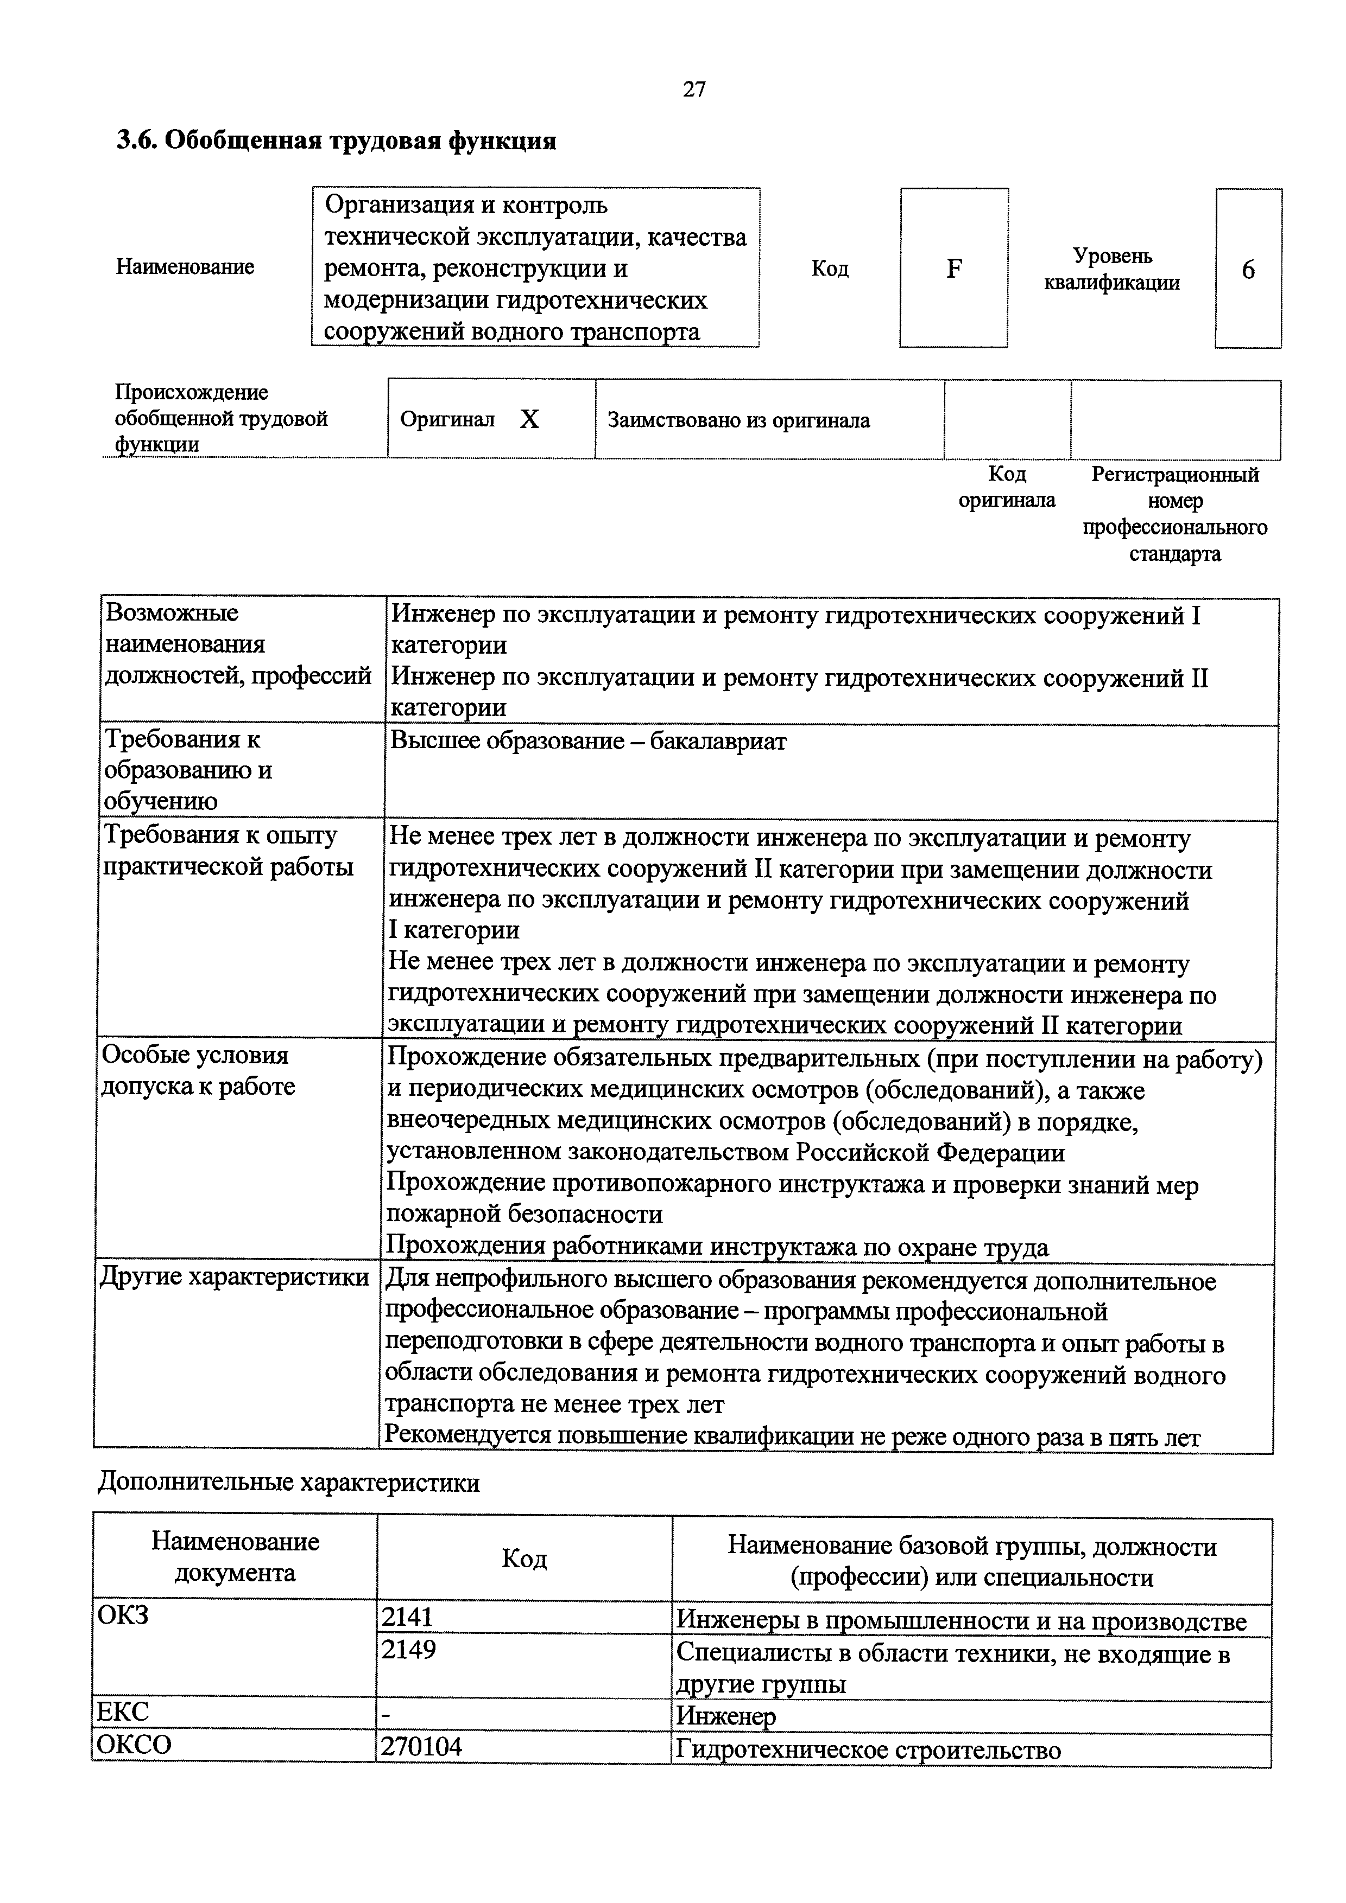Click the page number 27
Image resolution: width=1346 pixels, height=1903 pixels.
coord(694,90)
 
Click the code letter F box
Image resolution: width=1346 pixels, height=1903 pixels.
coord(954,269)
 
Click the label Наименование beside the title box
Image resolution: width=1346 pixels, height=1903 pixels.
coord(185,267)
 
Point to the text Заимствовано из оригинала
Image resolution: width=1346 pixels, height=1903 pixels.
coord(738,421)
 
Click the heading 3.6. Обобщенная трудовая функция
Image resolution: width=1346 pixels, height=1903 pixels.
coord(336,141)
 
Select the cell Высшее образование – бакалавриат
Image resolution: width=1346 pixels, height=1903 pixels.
coord(588,742)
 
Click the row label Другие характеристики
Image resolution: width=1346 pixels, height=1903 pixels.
coord(235,1277)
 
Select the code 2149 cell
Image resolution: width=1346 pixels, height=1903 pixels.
coord(408,1650)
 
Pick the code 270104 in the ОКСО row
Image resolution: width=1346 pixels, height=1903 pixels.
coord(420,1747)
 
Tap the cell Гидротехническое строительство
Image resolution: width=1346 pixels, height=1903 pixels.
coord(868,1749)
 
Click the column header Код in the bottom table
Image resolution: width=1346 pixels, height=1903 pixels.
coord(524,1560)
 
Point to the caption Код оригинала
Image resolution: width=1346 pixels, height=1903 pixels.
coord(1007,487)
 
